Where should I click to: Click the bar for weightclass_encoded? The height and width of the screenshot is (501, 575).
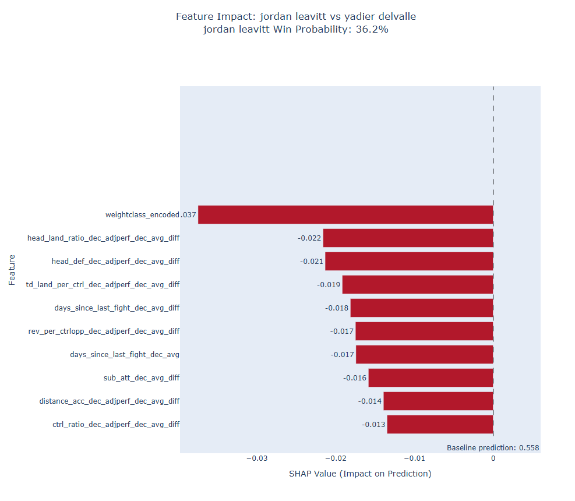[345, 214]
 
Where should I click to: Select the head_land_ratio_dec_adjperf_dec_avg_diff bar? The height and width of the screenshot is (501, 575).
[408, 238]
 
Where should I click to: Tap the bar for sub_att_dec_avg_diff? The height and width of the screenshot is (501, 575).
[431, 377]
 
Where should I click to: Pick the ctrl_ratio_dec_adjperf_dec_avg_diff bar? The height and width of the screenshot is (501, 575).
[440, 424]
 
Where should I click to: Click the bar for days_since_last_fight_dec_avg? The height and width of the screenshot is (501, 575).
[424, 354]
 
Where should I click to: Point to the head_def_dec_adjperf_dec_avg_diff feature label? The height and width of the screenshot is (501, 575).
[115, 262]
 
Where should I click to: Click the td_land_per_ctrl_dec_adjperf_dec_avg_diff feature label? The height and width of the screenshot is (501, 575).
[103, 285]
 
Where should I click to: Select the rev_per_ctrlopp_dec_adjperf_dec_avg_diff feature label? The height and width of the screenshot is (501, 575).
[104, 331]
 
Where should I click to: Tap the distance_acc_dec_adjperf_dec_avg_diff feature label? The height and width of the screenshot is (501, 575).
[109, 401]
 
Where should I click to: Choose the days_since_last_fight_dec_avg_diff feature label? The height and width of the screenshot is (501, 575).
[117, 308]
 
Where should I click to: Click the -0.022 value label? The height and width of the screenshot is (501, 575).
[309, 238]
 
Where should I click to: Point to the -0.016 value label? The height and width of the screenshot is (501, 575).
[355, 378]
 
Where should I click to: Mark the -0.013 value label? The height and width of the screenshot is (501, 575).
[373, 425]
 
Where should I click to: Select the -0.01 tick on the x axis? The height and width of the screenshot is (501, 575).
[414, 458]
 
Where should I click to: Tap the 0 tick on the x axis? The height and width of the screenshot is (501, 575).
[493, 458]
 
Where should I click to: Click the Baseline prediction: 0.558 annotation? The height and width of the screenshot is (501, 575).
[493, 448]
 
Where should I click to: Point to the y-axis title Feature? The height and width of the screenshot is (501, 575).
[12, 269]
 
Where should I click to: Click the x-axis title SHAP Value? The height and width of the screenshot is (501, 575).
[360, 474]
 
